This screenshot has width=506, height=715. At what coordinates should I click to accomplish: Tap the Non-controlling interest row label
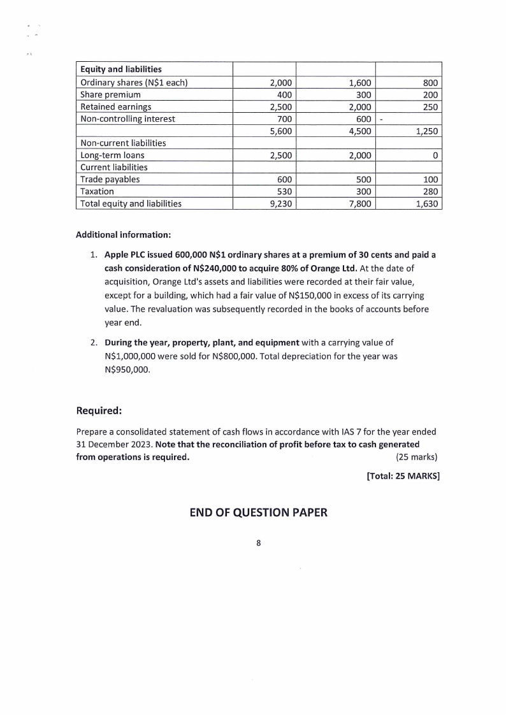(x=127, y=119)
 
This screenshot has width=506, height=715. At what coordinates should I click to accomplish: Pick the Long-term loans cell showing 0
(x=435, y=155)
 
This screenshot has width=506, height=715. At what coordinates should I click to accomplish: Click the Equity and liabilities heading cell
(x=120, y=69)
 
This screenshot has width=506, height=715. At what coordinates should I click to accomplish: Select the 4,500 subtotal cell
(x=360, y=131)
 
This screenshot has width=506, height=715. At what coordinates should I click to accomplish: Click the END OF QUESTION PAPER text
(x=259, y=512)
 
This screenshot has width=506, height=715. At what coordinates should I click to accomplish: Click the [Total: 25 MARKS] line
(x=403, y=475)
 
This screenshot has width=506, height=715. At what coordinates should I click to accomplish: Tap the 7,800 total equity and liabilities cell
(x=360, y=204)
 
